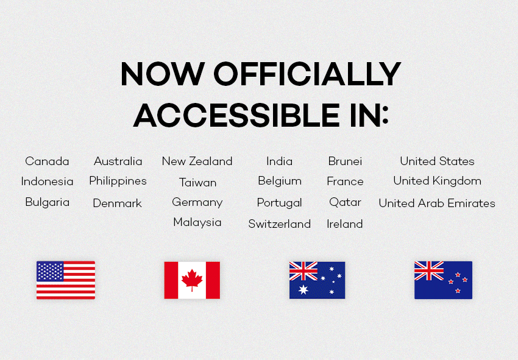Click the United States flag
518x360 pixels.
click(66, 280)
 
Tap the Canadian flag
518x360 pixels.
click(192, 280)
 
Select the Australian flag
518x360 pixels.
click(317, 280)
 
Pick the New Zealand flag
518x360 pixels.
click(443, 280)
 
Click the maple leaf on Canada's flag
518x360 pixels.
click(192, 280)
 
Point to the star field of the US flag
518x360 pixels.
click(50, 271)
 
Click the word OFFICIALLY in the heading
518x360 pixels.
click(308, 74)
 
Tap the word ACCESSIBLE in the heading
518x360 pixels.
click(236, 115)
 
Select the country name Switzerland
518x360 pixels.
click(280, 224)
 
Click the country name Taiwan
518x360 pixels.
click(197, 182)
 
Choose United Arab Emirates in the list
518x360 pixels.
click(437, 203)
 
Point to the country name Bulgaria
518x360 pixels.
click(48, 202)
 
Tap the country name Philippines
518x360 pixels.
click(118, 181)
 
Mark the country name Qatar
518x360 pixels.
click(345, 202)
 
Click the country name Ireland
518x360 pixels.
click(344, 224)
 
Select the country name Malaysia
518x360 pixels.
click(197, 222)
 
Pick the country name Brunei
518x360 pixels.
click(345, 161)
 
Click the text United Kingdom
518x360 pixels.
click(437, 181)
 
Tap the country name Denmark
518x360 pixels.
click(117, 203)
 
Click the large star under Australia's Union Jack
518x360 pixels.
click(303, 290)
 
